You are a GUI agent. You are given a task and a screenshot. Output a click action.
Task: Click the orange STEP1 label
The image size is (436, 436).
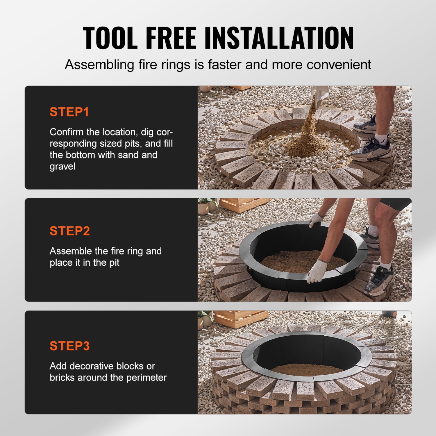pyautogui.click(x=69, y=112)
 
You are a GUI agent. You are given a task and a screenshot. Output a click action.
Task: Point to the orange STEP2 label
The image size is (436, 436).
pyautogui.click(x=70, y=231)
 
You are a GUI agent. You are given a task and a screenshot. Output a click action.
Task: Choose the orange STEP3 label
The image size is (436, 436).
pyautogui.click(x=70, y=346)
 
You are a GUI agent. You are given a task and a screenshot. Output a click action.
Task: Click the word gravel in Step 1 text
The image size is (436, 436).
pyautogui.click(x=62, y=167)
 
